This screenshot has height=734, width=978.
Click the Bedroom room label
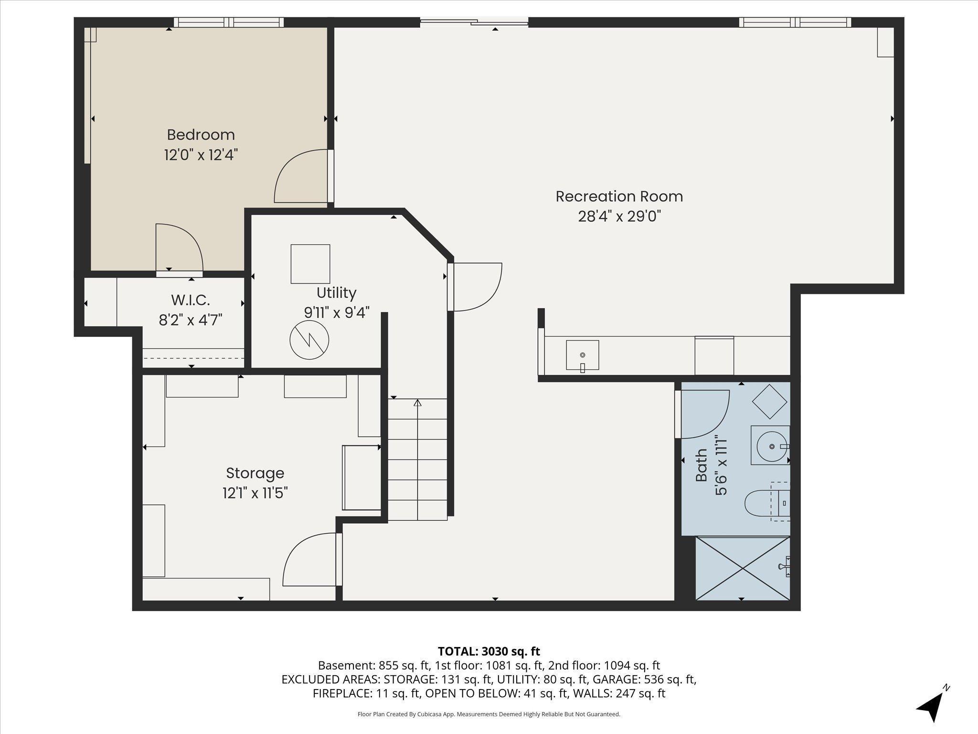point(201,135)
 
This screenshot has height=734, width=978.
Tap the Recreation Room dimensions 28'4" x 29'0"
point(619,216)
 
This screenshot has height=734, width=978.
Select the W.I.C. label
point(190,300)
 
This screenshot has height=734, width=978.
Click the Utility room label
point(336,292)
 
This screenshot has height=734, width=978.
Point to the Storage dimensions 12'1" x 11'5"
point(255,493)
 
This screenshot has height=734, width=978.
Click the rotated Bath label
point(701,465)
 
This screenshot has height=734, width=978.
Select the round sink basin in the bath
point(771,446)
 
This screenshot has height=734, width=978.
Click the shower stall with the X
point(743,568)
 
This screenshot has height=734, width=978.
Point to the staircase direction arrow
point(418,403)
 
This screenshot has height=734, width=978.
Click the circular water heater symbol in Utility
point(309,340)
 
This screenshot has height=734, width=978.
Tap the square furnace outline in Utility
point(310,264)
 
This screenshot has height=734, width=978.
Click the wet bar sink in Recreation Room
point(582,355)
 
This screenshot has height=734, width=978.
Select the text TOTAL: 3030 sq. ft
point(489,651)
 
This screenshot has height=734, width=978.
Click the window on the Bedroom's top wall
point(229,22)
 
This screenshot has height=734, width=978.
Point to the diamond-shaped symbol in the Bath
point(769,402)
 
